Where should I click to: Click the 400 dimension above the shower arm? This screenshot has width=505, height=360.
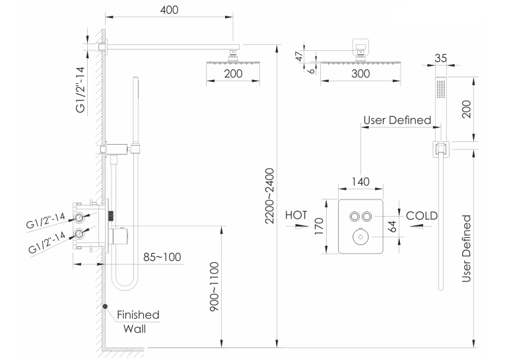coord(169,10)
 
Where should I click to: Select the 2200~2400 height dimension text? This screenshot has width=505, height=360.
coord(269,196)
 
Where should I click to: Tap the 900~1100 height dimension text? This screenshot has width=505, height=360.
coord(214,287)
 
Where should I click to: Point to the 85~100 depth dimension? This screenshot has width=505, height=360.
coord(162,257)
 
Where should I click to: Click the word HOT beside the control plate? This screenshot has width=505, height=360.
coord(296,215)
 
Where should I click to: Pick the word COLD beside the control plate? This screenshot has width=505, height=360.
coord(422,215)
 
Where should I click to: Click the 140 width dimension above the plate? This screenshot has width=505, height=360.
coord(360,182)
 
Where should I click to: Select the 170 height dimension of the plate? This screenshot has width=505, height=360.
coord(319,227)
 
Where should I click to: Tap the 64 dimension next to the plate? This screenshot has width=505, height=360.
coord(392,227)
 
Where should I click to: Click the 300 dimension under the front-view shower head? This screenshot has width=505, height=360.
coord(360,74)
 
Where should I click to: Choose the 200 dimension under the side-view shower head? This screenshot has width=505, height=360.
coord(233,74)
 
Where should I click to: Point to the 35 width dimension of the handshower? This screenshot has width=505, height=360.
coord(440,58)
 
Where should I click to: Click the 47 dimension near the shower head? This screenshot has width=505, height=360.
coord(300,56)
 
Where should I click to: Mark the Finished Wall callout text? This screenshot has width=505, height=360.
coord(138,322)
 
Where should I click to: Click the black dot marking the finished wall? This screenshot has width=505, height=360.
coord(105,306)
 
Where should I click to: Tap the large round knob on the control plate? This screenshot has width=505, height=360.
coord(360,237)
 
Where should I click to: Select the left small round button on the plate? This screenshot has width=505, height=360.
coord(354,216)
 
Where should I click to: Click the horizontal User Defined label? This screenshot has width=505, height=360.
coord(397,120)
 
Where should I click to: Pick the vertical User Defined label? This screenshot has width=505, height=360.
coord(466,249)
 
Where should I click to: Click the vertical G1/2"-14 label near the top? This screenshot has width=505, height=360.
coord(81,90)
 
